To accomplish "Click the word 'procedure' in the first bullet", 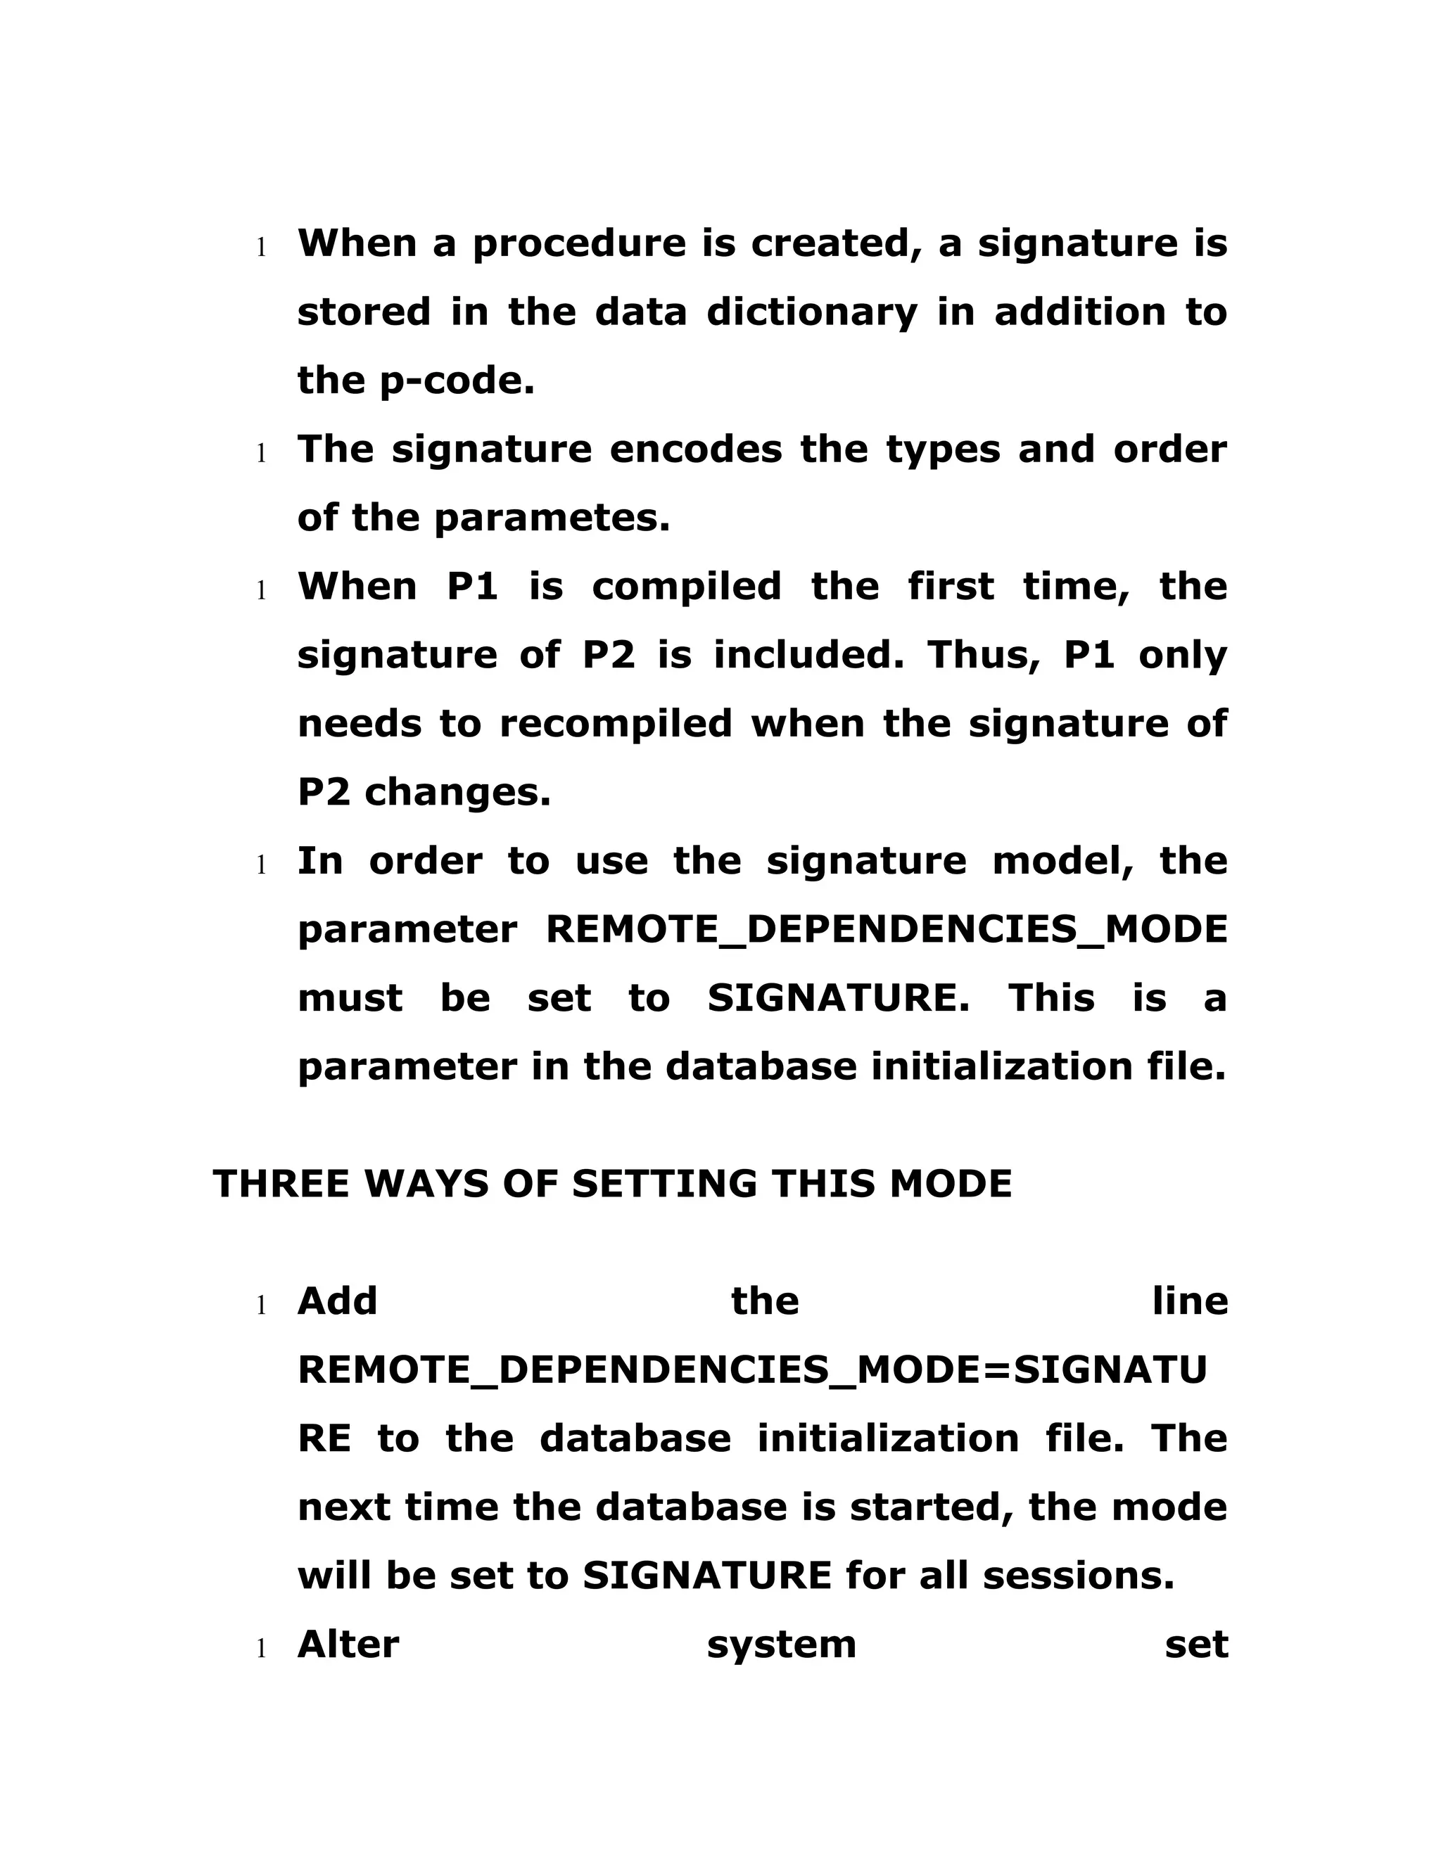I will point(579,244).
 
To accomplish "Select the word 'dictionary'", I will point(812,312).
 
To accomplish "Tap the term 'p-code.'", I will point(457,381).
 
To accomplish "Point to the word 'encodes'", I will point(696,449).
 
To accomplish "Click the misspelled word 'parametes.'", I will point(552,518).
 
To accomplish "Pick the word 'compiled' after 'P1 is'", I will point(686,587).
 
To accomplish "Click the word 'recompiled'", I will point(616,724).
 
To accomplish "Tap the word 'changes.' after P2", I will point(457,793).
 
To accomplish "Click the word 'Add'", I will point(337,1301).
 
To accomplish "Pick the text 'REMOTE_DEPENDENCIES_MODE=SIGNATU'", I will point(752,1371).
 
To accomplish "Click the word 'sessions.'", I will point(1079,1576).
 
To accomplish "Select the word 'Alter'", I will point(348,1645).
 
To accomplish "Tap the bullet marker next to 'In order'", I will point(262,865).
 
